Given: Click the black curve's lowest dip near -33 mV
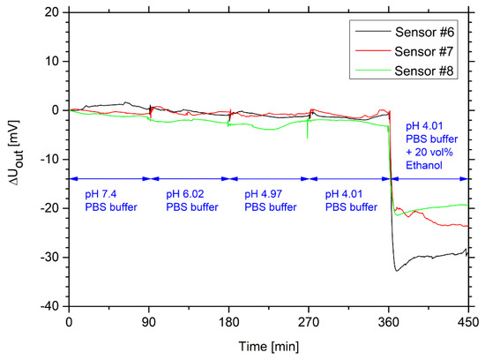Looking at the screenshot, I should click(x=397, y=270).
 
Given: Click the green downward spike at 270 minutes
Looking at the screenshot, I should click(x=307, y=138).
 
